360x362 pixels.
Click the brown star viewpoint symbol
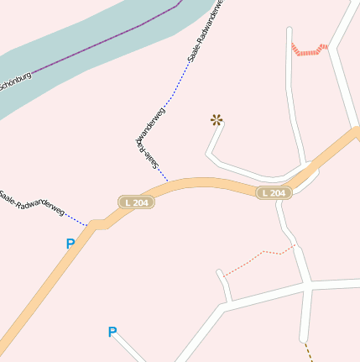click(217, 120)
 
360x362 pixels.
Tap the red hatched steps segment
click(309, 51)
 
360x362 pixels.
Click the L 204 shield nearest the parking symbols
click(136, 202)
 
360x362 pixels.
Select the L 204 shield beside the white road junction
click(274, 193)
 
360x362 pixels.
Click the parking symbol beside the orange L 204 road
click(70, 244)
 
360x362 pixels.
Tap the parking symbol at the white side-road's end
click(112, 332)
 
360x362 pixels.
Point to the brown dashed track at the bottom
click(308, 351)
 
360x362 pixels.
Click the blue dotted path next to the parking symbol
click(76, 219)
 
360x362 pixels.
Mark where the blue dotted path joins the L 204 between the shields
click(169, 181)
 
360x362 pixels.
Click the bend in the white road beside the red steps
click(330, 46)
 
